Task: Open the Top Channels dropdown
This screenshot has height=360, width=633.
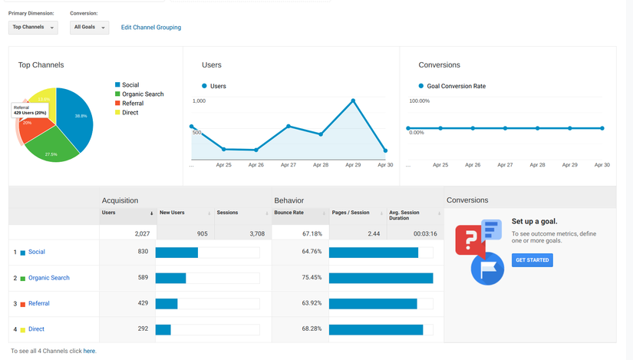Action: click(33, 28)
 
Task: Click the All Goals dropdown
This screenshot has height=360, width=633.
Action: click(89, 28)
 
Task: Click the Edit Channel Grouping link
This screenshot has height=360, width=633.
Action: click(151, 28)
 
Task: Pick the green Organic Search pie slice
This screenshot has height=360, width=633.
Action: click(52, 146)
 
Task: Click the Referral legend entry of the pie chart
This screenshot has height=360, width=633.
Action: click(132, 104)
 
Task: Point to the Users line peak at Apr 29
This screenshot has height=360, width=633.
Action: click(353, 101)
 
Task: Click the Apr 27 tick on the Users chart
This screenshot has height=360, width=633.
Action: click(288, 165)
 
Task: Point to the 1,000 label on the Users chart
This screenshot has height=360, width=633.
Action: click(199, 101)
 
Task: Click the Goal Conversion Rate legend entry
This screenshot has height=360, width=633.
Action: click(457, 86)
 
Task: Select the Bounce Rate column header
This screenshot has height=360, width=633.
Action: click(288, 213)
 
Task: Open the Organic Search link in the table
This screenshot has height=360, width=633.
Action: click(48, 278)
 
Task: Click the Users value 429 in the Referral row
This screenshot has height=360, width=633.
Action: click(143, 303)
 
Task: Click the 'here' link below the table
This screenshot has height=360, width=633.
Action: click(89, 351)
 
